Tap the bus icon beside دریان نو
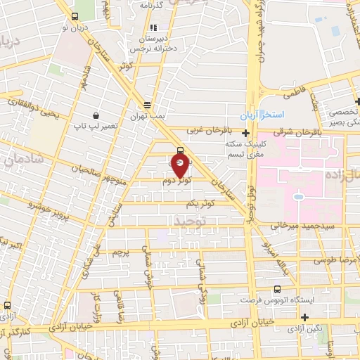click(75, 18)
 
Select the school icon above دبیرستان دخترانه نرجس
click(154, 28)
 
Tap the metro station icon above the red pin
click(181, 150)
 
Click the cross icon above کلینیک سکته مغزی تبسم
click(245, 133)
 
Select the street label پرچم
click(120, 251)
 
